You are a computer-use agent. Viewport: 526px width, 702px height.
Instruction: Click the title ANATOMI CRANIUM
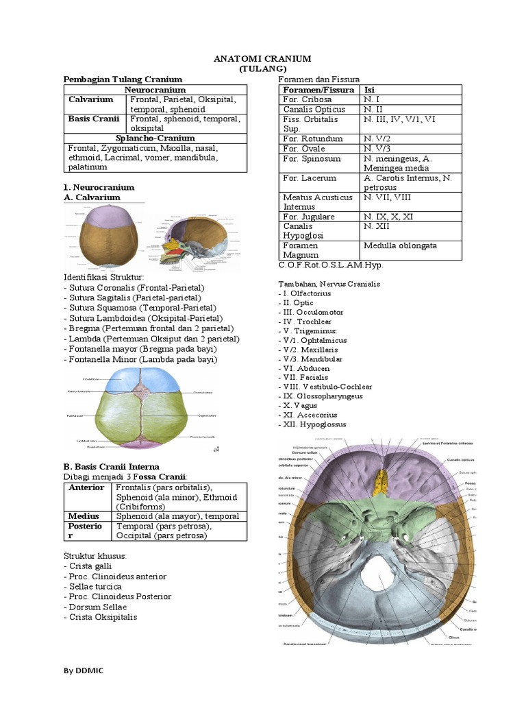[263, 59]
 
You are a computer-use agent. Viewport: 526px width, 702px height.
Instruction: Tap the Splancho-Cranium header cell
[155, 138]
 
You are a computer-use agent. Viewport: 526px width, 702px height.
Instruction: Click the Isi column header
[370, 90]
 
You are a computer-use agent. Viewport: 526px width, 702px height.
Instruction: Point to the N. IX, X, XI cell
[388, 217]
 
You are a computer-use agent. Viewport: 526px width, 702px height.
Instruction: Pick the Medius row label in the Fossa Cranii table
[84, 516]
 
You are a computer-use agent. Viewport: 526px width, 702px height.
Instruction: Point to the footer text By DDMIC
[82, 669]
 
